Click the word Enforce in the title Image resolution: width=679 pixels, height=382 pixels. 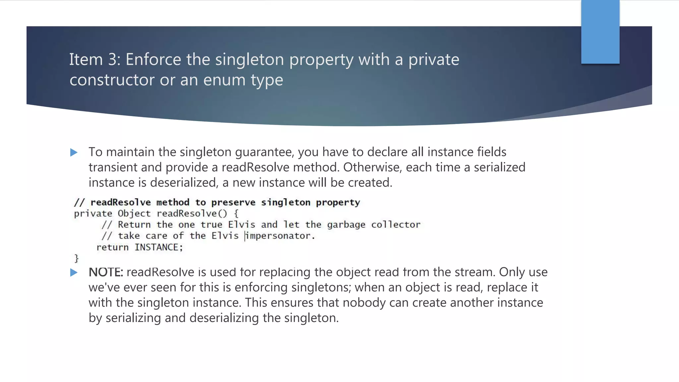(153, 60)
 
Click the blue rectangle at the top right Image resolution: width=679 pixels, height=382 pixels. (600, 32)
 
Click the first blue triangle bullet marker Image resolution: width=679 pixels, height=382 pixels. (74, 153)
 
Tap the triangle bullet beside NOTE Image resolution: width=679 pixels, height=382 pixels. (74, 273)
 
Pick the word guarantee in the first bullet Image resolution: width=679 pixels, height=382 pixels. (264, 152)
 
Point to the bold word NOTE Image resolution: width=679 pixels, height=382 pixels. (105, 272)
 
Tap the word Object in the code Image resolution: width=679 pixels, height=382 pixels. (134, 214)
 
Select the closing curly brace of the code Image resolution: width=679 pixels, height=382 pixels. (77, 258)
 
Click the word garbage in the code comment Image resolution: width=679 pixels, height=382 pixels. (346, 225)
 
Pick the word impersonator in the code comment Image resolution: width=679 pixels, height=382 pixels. (280, 236)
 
